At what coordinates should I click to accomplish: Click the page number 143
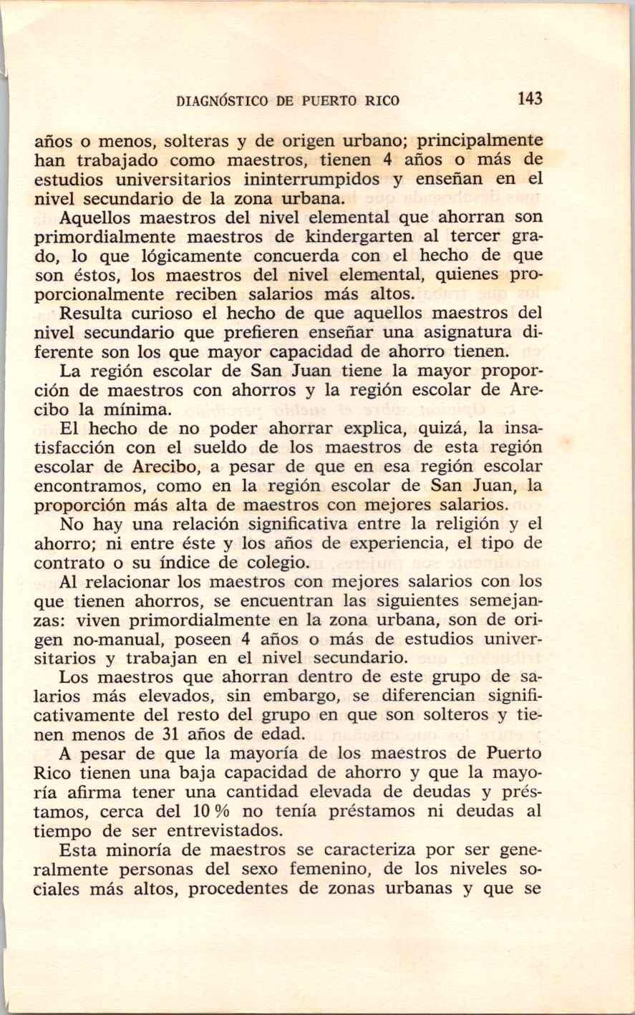530,99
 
